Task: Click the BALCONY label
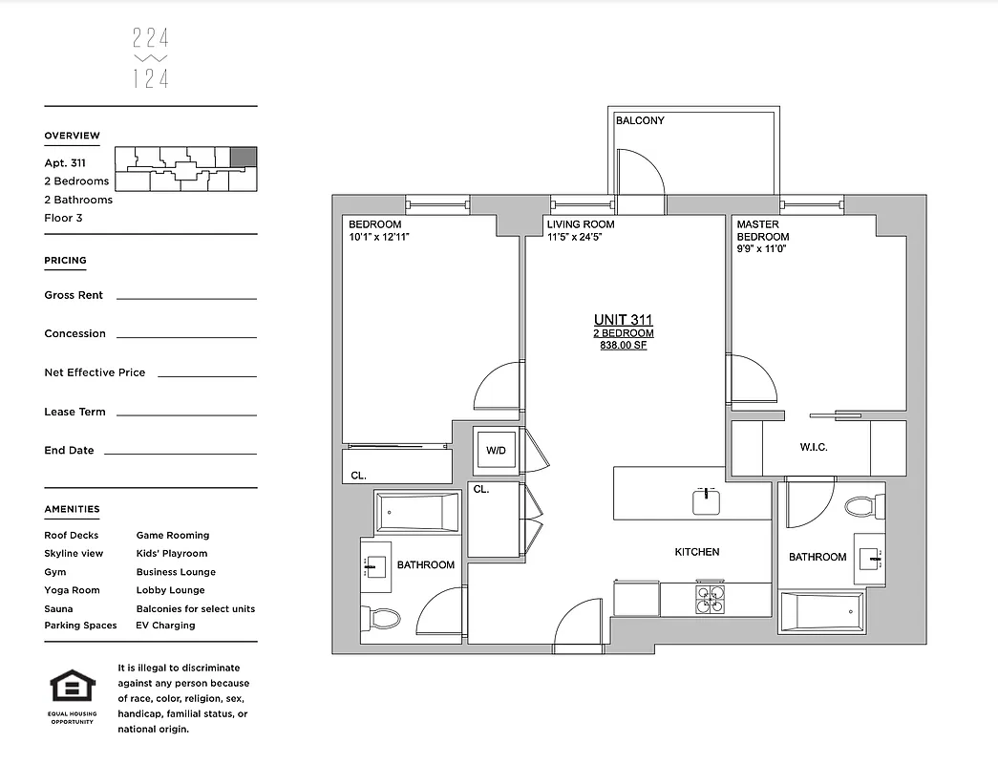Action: pos(640,121)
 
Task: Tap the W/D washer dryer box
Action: pos(496,450)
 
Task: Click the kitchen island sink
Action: pos(706,500)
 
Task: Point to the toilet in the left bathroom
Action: pos(382,619)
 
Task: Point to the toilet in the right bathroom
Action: pos(863,505)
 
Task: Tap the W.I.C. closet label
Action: pos(814,448)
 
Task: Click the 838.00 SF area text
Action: pos(623,346)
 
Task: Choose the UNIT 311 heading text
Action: pos(623,320)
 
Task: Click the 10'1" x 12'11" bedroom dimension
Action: pos(378,237)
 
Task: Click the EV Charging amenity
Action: pos(165,626)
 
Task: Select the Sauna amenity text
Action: pos(58,608)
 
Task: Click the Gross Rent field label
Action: pos(74,296)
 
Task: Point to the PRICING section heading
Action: pos(65,261)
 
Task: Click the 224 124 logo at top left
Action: pos(150,58)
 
